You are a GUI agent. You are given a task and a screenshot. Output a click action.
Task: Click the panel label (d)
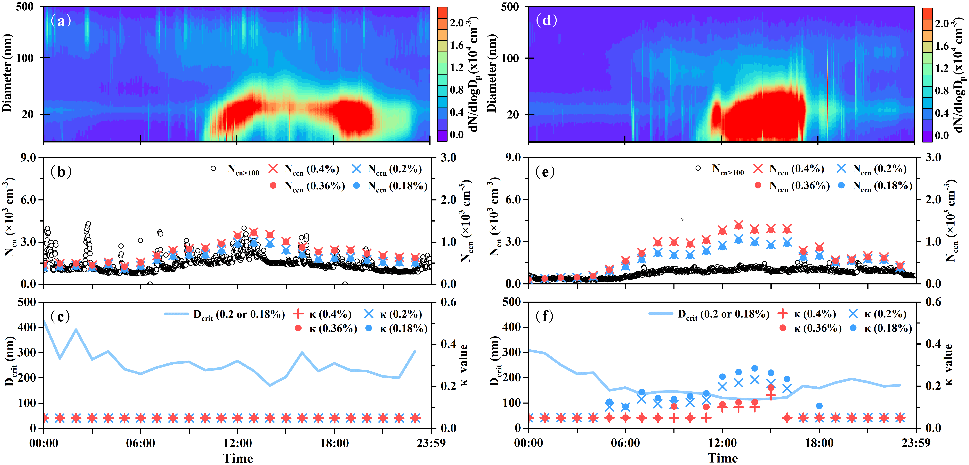[x=546, y=20]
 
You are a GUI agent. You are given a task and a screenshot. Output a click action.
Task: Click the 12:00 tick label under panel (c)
[x=237, y=443]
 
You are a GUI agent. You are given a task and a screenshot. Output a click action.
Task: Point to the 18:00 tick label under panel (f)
[x=819, y=443]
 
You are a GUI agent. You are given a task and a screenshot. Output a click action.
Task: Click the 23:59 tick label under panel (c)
[x=431, y=443]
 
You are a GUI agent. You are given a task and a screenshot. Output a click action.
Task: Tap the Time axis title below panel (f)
[x=722, y=458]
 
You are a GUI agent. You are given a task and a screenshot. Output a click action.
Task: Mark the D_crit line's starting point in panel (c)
[x=44, y=321]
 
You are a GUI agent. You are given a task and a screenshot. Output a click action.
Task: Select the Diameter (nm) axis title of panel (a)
[x=7, y=73]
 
